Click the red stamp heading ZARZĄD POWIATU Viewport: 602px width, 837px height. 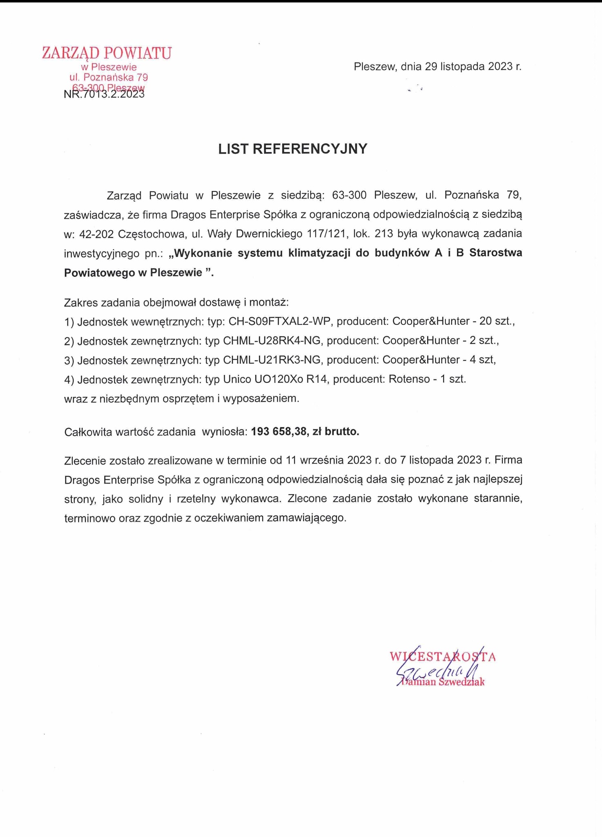coord(107,53)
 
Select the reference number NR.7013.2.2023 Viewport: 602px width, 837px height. coord(104,94)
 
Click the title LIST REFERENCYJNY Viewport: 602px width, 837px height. coord(293,149)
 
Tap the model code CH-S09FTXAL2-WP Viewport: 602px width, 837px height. coord(279,322)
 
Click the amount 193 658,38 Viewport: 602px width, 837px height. coord(279,432)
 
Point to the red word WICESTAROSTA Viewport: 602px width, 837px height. coord(443,657)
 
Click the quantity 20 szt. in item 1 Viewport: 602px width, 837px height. coord(497,322)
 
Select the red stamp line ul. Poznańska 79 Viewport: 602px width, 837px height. coord(109,77)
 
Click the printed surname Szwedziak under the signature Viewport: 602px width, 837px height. coord(461,682)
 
